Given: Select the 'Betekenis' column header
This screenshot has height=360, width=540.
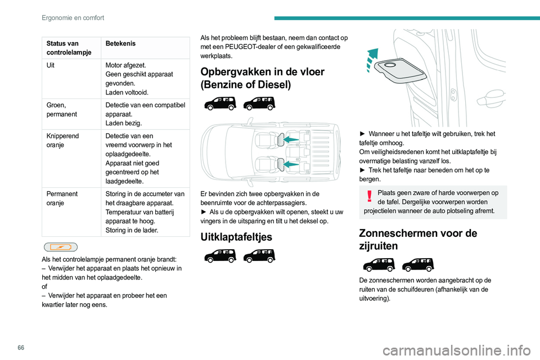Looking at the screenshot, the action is [120, 43].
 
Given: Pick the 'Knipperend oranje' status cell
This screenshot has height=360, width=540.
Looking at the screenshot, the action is [62, 140].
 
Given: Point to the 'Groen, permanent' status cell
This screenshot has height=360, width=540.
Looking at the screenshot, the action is [60, 109].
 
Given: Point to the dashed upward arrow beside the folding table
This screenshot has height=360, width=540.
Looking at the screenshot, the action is [371, 60].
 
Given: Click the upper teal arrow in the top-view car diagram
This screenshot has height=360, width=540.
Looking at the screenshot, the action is [290, 139].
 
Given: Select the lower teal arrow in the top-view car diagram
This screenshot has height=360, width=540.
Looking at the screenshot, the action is [290, 164].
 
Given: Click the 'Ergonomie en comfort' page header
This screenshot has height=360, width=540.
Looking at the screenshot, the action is [73, 18].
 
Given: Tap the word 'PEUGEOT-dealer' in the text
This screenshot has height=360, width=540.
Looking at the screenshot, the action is [262, 47].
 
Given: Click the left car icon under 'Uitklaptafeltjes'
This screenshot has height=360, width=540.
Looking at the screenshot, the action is [219, 255].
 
